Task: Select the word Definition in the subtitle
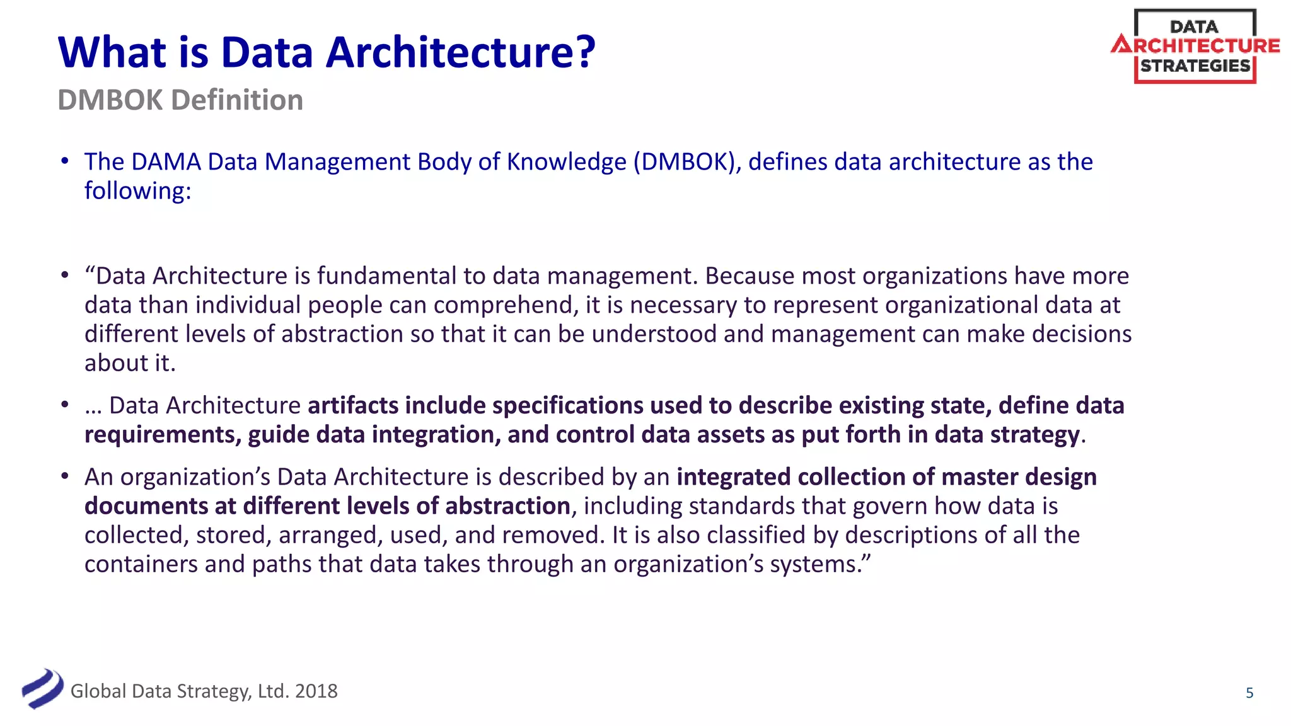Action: [237, 100]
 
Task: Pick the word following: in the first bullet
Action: [137, 191]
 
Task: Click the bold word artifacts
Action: [352, 405]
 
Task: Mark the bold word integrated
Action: [733, 477]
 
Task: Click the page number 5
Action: [1249, 693]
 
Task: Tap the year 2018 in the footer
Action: [316, 691]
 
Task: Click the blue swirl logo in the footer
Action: [42, 689]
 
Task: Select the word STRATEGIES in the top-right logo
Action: [1195, 66]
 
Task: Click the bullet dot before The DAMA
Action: [64, 161]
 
